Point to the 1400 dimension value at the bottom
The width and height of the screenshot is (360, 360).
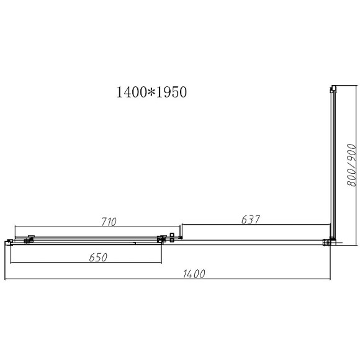(x=194, y=274)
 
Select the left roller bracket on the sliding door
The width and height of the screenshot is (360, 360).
(x=29, y=239)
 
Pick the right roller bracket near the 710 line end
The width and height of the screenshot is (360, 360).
(x=163, y=238)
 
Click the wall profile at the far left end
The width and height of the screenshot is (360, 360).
(x=8, y=242)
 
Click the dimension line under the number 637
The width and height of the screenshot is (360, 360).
(x=254, y=226)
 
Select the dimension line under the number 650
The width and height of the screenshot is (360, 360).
(x=87, y=263)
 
